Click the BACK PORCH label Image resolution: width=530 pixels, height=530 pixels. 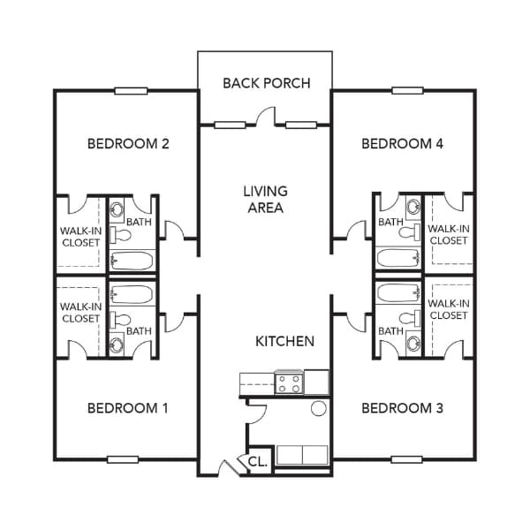click(267, 83)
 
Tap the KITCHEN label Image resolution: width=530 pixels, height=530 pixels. click(284, 341)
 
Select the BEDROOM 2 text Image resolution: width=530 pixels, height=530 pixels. click(128, 144)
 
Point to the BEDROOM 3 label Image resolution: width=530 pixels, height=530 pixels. click(402, 408)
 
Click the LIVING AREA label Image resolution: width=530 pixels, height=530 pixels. click(265, 200)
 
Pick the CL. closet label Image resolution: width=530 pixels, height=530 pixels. click(258, 461)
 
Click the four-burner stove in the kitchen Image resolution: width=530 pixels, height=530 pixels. click(289, 383)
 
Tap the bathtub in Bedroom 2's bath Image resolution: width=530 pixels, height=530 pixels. click(132, 261)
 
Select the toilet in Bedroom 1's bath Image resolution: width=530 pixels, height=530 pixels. click(121, 319)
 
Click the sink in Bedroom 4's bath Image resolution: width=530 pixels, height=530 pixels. click(413, 207)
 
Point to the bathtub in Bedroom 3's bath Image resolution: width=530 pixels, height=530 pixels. click(399, 292)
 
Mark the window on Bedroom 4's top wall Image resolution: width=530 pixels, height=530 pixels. click(407, 91)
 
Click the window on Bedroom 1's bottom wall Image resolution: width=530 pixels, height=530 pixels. click(123, 459)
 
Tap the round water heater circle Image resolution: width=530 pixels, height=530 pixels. click(318, 408)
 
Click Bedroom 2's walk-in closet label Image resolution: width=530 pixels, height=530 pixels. click(80, 237)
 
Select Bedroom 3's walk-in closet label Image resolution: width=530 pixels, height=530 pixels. click(449, 309)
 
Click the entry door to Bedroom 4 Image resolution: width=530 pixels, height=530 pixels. click(356, 231)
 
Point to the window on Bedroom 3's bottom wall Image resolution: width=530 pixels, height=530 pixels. click(407, 459)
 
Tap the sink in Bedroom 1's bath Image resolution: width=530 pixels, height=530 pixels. click(117, 344)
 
